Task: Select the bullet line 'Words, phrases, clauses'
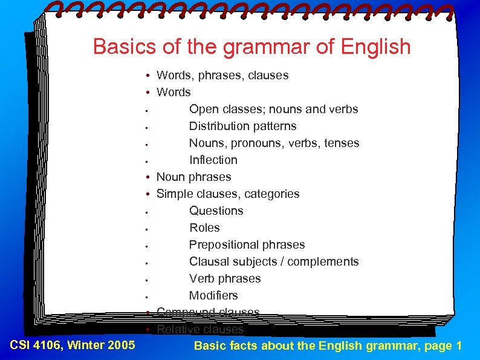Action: [x=222, y=76]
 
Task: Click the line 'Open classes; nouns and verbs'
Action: [x=273, y=110]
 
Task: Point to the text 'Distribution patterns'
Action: [x=242, y=126]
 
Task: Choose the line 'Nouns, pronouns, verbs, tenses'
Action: [x=274, y=143]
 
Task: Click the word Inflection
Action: [x=213, y=160]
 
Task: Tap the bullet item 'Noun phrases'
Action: [x=193, y=177]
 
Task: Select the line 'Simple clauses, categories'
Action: [x=227, y=194]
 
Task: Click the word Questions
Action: [x=216, y=211]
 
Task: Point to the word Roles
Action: [x=204, y=228]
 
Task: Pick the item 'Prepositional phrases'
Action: [x=247, y=245]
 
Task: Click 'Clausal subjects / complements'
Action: [x=273, y=262]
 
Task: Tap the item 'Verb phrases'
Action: [x=225, y=279]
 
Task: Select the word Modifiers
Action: [x=213, y=296]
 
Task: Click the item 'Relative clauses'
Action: [x=199, y=330]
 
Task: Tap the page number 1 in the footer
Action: [x=459, y=346]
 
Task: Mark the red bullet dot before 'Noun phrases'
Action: [x=148, y=177]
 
